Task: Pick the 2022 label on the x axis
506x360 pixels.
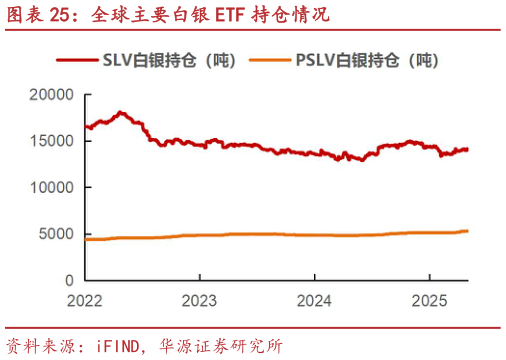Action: pos(85,299)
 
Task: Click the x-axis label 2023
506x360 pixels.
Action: pos(200,299)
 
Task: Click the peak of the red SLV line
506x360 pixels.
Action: pos(121,112)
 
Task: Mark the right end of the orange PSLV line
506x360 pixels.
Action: pos(468,231)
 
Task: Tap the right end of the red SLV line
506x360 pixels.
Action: pos(468,149)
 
